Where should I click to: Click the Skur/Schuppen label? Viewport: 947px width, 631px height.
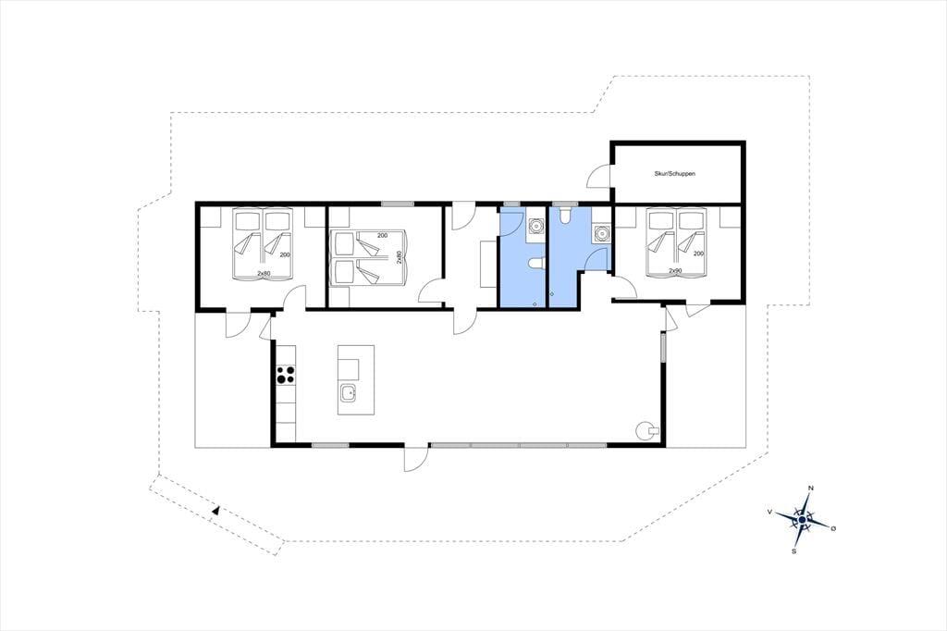click(674, 173)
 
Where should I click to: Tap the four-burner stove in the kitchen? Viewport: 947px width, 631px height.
click(286, 376)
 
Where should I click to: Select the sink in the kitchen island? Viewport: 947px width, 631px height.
click(348, 393)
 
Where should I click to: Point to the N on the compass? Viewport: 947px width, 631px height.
click(811, 489)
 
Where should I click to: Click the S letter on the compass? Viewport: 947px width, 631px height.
click(794, 551)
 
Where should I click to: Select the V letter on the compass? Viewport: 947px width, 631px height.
click(770, 512)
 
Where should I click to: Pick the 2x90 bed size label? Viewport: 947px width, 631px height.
click(675, 271)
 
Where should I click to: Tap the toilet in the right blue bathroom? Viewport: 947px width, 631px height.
click(566, 216)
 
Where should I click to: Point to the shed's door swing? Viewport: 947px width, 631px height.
click(598, 176)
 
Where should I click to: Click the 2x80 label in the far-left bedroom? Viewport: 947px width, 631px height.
click(264, 274)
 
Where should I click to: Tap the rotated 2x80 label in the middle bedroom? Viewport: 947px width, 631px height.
click(400, 257)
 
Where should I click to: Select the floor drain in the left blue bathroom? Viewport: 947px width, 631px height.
click(535, 304)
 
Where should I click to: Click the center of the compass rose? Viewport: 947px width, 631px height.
click(802, 519)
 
